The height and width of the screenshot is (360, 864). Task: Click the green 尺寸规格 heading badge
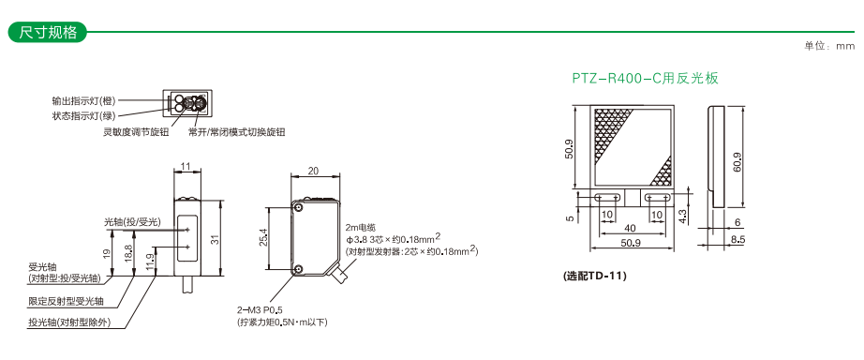[x=48, y=32]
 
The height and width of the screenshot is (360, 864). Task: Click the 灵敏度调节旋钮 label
[x=136, y=132]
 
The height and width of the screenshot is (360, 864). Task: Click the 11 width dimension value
[x=186, y=165]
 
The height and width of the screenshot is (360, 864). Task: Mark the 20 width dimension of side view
[x=313, y=171]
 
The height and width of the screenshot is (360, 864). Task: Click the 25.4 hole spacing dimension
[x=262, y=237]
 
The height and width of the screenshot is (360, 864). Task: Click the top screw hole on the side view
[x=298, y=207]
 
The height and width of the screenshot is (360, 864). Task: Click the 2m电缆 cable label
[x=359, y=227]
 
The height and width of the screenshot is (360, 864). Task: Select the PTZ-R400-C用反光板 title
[x=646, y=79]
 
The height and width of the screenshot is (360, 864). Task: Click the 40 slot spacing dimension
[x=631, y=228]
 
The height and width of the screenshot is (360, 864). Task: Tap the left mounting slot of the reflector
[x=607, y=197]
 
